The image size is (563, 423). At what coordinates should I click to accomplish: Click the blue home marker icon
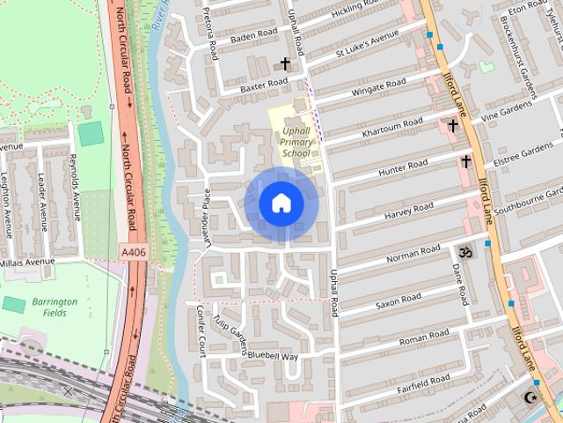pos(281,204)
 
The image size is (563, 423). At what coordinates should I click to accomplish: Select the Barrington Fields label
pos(55,308)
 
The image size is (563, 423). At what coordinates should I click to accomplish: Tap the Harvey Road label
pos(409,212)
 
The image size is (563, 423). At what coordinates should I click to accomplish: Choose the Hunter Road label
pos(403,169)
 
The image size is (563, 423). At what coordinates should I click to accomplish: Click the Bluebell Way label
pos(273,357)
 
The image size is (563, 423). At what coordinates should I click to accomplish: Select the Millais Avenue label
pos(26,263)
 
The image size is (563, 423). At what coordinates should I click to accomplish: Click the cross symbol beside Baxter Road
pos(284,63)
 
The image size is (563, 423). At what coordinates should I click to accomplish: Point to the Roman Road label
pos(424,337)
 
